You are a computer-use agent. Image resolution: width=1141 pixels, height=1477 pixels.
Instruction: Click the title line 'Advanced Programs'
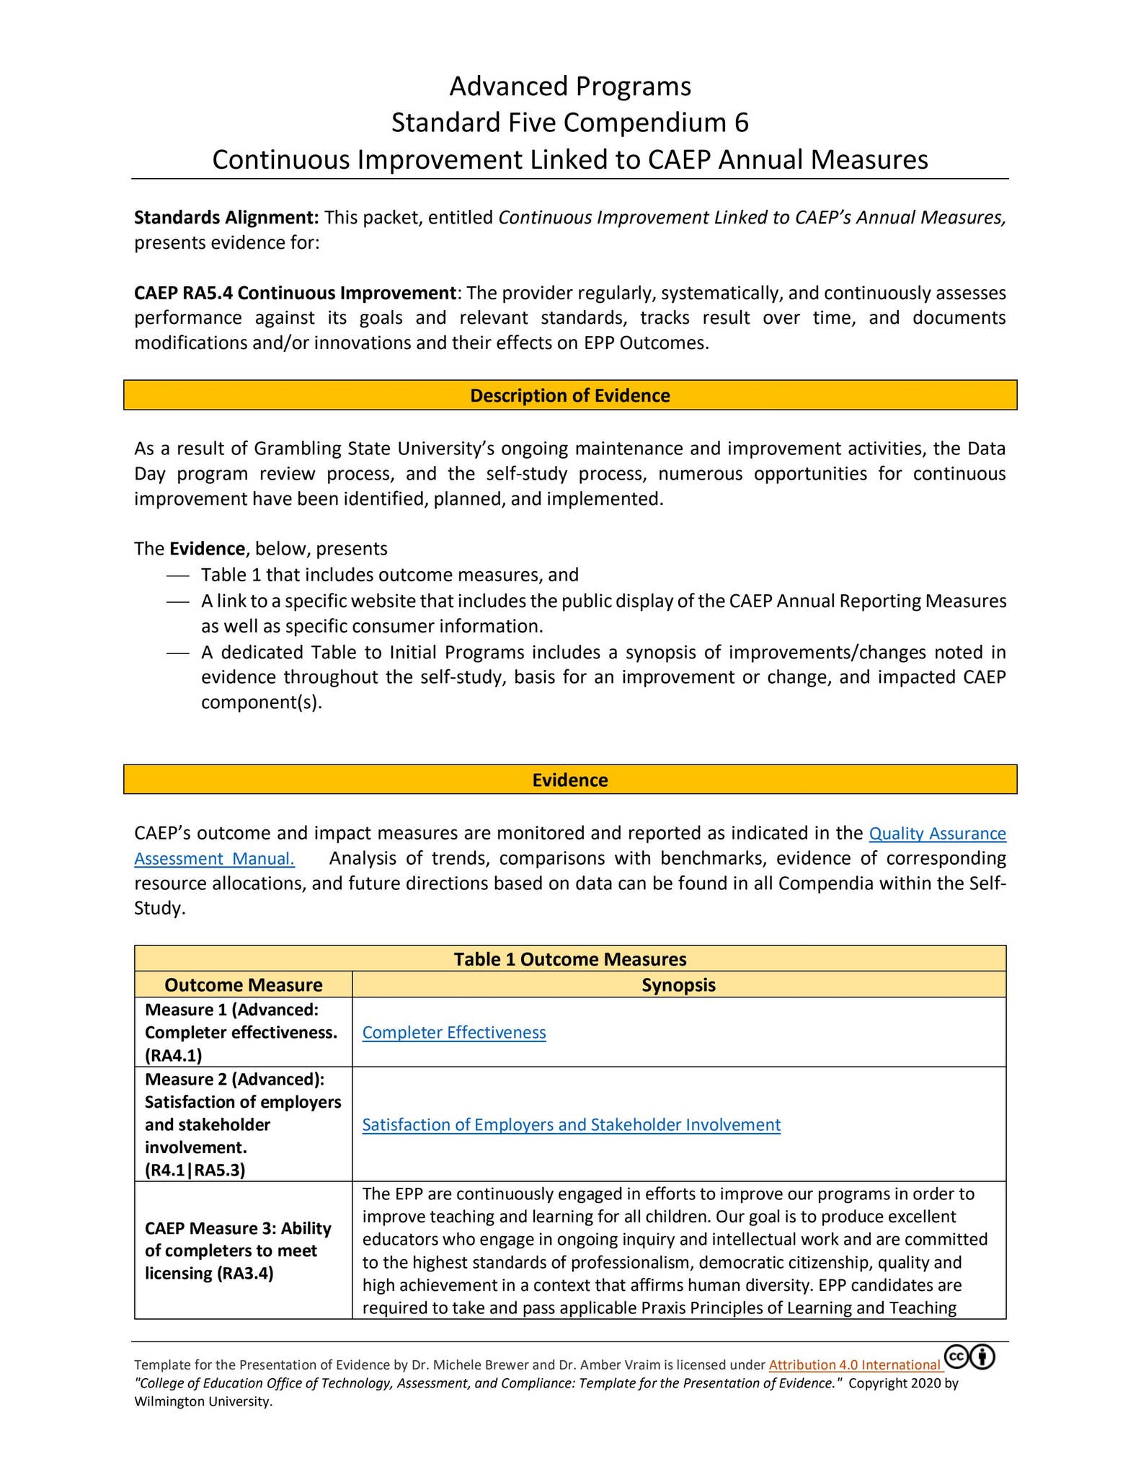[569, 87]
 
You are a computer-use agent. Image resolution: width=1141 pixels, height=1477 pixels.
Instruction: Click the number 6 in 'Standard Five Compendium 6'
[741, 123]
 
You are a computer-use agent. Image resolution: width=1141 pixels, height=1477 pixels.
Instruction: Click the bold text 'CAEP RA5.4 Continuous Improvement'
[295, 294]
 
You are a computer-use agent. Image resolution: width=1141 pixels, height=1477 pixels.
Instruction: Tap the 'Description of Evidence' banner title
[569, 395]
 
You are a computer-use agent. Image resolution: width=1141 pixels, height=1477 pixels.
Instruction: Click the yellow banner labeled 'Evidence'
[569, 780]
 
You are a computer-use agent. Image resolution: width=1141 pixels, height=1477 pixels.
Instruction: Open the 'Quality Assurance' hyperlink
[937, 834]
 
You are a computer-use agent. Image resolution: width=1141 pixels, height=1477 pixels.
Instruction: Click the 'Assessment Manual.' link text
[214, 859]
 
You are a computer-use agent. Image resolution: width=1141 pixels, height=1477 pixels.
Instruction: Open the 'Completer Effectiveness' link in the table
[453, 1033]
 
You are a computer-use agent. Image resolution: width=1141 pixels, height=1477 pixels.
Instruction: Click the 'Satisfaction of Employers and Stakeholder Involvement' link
[571, 1125]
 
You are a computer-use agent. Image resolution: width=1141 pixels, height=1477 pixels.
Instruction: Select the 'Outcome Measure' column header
[243, 985]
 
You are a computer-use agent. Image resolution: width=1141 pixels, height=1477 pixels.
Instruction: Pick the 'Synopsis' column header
[678, 985]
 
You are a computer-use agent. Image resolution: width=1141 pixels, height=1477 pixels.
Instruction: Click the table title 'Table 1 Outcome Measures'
[569, 959]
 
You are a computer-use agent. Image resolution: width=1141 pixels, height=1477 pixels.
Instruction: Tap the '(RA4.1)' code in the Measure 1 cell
[173, 1056]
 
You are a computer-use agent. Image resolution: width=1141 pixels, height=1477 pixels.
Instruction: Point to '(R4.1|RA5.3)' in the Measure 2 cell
[195, 1170]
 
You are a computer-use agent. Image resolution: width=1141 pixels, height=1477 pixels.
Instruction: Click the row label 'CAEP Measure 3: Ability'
[238, 1228]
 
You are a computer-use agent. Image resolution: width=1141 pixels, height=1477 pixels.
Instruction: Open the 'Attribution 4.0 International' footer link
[854, 1365]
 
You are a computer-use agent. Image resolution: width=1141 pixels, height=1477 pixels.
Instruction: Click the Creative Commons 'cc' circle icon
[956, 1357]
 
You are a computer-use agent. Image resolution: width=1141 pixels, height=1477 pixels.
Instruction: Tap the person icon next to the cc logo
[982, 1357]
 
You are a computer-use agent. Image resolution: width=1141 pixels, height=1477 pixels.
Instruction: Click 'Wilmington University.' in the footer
[203, 1402]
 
